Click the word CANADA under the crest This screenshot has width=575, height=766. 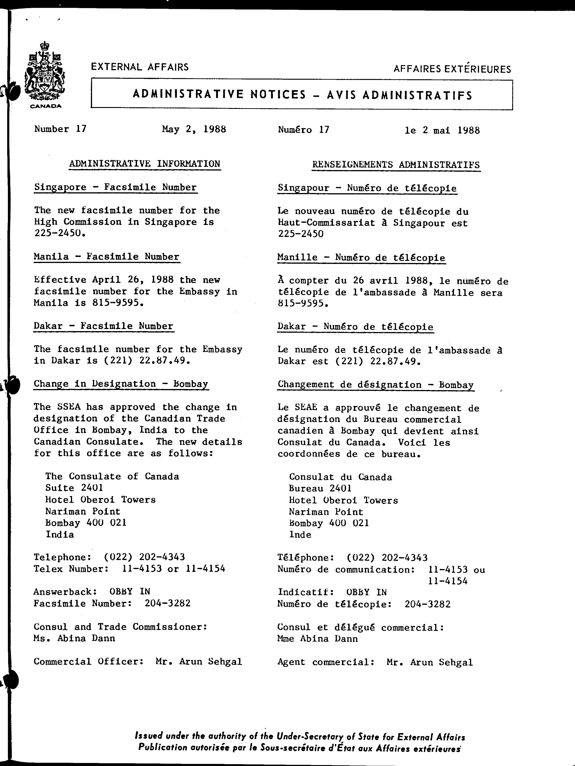pos(46,106)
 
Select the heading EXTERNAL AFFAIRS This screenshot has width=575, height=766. pos(140,67)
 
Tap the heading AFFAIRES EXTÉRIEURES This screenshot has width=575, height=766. pos(452,69)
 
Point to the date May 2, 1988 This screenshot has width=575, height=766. pos(194,130)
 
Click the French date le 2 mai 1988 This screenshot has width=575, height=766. pos(442,130)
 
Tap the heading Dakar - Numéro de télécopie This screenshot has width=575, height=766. pos(355,327)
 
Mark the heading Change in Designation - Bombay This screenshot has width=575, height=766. pos(121,384)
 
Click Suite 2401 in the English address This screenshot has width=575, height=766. pos(74,488)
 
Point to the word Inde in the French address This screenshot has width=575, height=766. pos(300,535)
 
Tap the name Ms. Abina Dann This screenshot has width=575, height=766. pos(74,638)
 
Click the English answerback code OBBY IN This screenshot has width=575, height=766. pos(130,592)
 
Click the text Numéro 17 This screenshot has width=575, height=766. pos(303,130)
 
